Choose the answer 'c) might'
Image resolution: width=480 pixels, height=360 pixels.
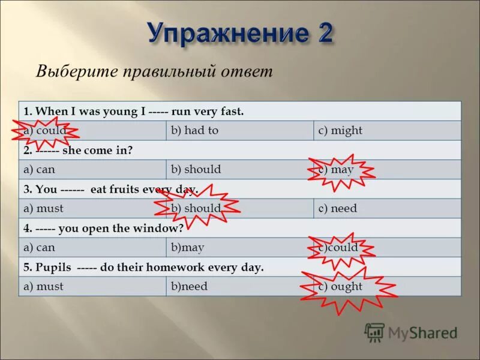click(340, 130)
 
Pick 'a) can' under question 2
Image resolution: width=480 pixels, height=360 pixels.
click(39, 169)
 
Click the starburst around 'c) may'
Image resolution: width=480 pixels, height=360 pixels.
click(340, 169)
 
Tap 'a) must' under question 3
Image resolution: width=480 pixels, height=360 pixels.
click(43, 208)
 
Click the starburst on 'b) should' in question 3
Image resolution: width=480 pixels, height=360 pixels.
click(196, 208)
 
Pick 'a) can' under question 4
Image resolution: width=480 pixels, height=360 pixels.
click(39, 247)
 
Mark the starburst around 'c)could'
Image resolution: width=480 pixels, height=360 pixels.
click(340, 247)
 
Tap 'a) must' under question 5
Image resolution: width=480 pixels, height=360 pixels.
click(43, 286)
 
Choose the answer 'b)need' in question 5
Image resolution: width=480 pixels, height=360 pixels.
click(189, 286)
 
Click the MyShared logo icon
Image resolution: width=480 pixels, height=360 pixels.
click(374, 332)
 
